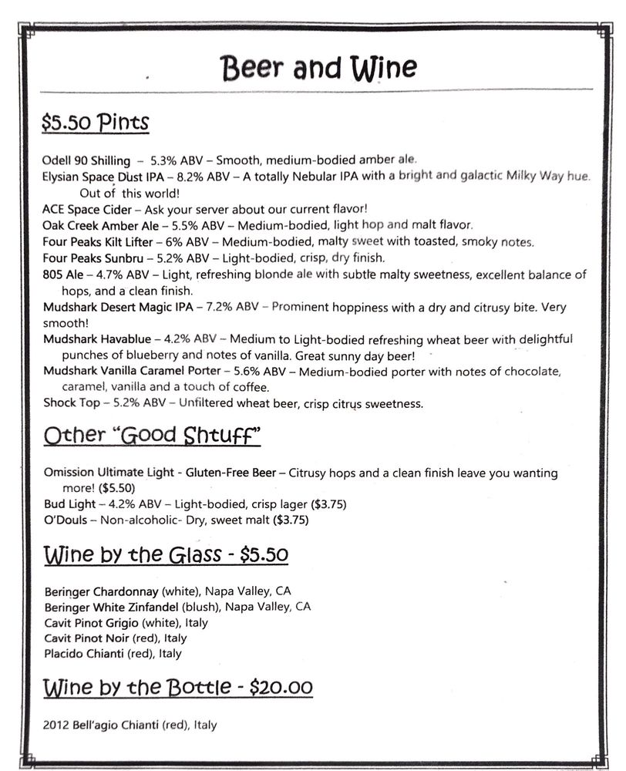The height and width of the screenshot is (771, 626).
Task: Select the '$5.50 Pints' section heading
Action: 96,122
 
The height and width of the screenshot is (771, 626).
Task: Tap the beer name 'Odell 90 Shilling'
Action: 86,161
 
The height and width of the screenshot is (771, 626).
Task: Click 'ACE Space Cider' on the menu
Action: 87,210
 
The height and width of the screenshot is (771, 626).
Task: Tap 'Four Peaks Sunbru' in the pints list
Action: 89,258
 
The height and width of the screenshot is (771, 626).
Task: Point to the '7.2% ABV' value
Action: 233,308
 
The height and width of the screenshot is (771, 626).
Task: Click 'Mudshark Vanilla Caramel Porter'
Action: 132,372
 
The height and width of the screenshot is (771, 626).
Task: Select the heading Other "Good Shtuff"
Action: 152,436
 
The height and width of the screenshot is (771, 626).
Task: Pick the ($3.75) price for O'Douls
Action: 291,520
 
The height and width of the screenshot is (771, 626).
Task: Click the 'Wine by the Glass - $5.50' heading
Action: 166,555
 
